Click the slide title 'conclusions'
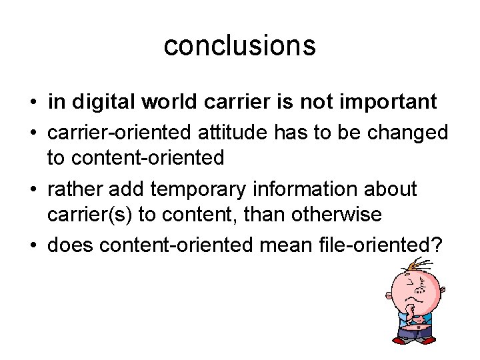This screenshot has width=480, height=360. pos(239,45)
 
